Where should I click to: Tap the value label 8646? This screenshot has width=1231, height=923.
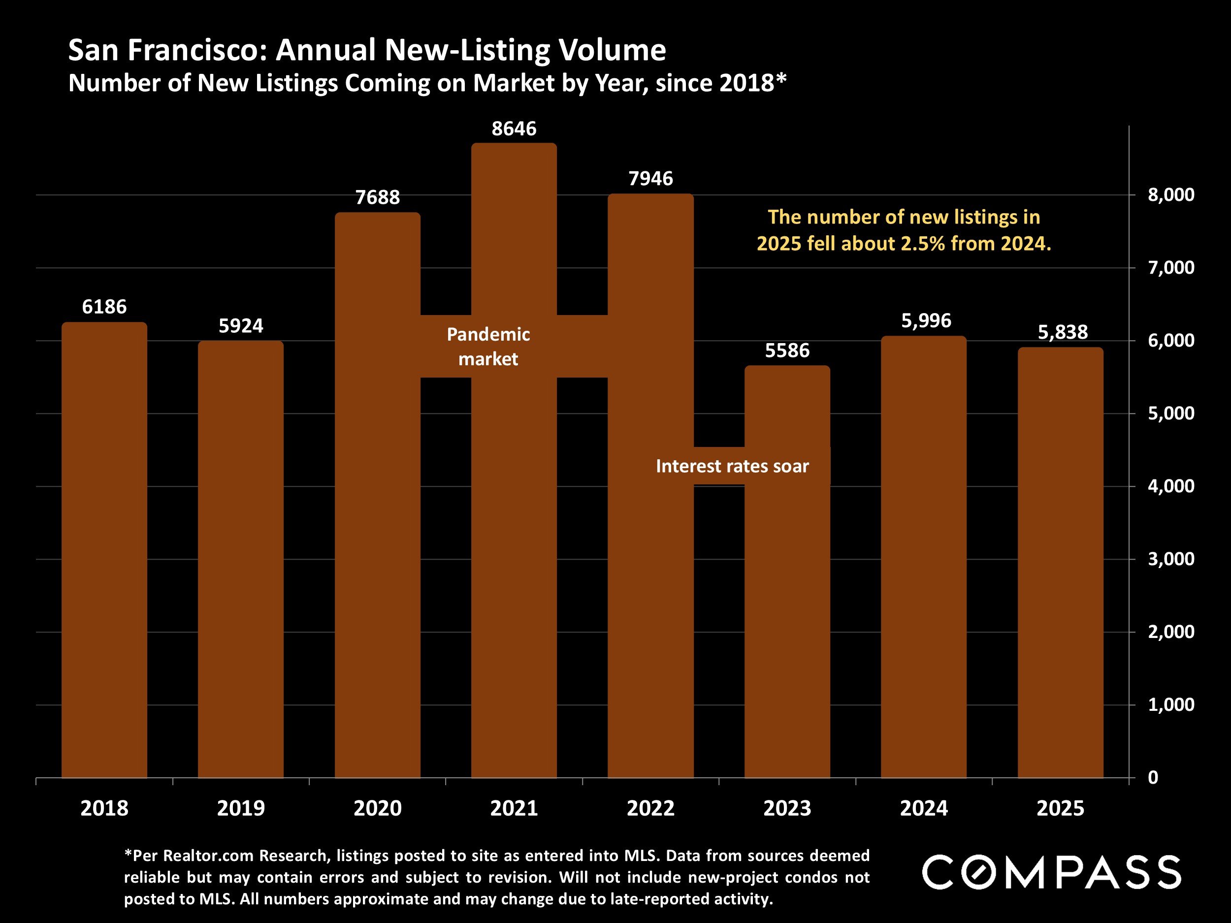[514, 129]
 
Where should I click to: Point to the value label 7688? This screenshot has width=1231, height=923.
[377, 197]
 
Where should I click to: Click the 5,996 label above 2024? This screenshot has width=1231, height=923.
[926, 321]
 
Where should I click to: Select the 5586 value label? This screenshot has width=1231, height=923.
[787, 350]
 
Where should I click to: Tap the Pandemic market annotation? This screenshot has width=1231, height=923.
[488, 347]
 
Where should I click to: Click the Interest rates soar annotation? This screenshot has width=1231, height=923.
[732, 466]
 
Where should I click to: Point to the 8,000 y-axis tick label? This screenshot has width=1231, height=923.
[1171, 195]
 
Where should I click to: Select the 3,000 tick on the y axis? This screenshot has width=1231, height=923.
[1171, 559]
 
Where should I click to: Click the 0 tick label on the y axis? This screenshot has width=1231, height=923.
[1153, 778]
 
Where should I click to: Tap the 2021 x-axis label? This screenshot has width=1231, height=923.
[514, 808]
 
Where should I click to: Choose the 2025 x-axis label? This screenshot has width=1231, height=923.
[1060, 808]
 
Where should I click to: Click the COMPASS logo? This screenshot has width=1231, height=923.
[1051, 872]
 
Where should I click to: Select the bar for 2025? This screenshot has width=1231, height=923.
[1060, 562]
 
